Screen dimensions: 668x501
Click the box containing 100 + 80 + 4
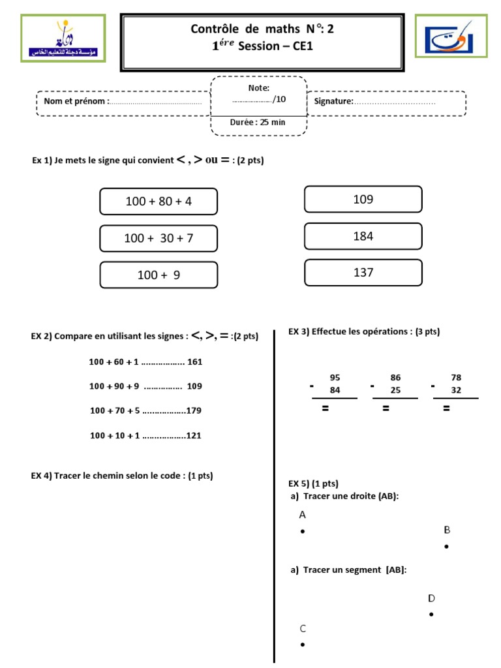coord(159,202)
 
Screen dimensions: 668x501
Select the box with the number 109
coord(363,200)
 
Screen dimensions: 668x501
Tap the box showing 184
coord(363,236)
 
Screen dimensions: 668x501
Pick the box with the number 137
coord(363,273)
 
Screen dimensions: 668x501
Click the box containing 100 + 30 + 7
coord(159,238)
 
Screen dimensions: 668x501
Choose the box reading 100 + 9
coord(159,275)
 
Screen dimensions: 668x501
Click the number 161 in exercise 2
coord(195,361)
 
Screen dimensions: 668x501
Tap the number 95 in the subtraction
coord(335,378)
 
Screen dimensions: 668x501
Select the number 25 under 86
coord(395,390)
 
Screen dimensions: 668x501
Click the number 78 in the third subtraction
coord(456,378)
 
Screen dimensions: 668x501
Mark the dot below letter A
coord(303,532)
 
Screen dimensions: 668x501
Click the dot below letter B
coord(447,547)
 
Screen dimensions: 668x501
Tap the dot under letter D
coord(431,615)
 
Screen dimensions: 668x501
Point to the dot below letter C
coord(303,645)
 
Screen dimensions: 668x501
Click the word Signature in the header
coord(333,101)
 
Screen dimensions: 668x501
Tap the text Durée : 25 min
coord(258,122)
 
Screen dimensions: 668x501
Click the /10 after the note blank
coord(279,99)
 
